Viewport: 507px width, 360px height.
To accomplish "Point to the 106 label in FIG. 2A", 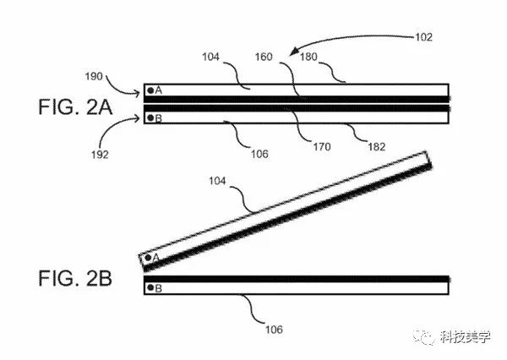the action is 258,154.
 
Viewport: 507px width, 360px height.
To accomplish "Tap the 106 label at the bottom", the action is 272,329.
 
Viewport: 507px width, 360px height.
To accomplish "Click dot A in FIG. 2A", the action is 150,90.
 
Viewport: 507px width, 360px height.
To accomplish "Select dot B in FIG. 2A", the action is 150,118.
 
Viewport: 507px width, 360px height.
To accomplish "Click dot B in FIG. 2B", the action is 150,288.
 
